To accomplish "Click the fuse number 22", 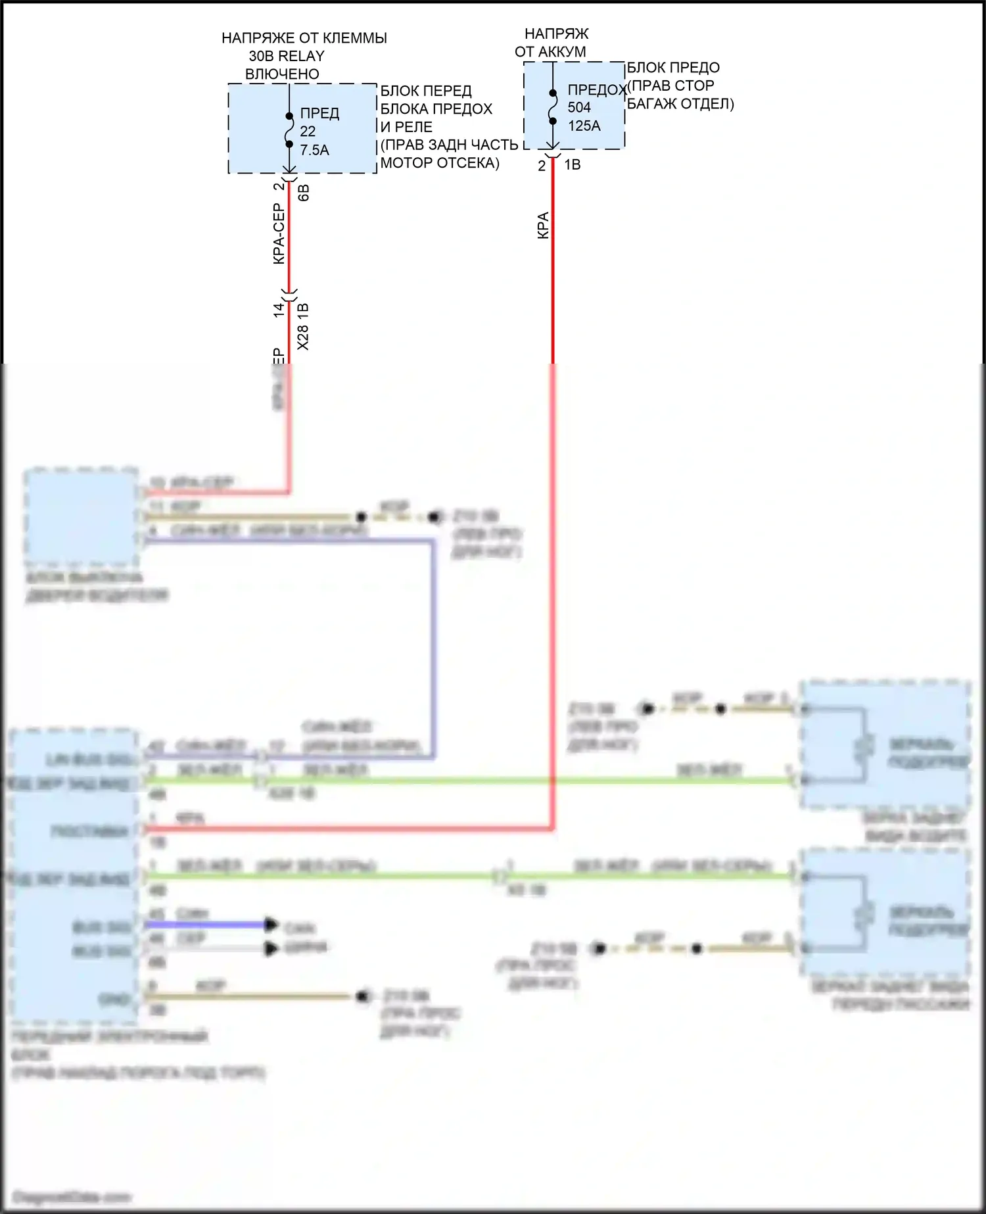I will (x=308, y=132).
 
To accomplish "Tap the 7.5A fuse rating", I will (x=314, y=151).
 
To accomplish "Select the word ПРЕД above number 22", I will (x=319, y=113).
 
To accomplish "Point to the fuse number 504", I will (x=579, y=107).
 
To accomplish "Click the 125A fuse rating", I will (x=584, y=126).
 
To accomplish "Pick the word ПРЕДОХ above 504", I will (x=596, y=89).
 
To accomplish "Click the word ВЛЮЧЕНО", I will (x=282, y=74).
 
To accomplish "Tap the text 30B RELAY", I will (x=287, y=56).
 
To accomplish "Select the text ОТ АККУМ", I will (x=550, y=51).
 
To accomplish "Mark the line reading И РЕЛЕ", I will (x=406, y=127).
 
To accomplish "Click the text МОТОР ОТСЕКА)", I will (x=440, y=163).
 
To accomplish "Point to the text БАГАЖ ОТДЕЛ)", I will (x=680, y=104).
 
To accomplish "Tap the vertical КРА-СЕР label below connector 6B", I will (x=279, y=234).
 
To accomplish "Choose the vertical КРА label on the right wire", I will (x=543, y=225).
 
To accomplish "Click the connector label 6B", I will (x=304, y=193).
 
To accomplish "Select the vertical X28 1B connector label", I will (x=303, y=326).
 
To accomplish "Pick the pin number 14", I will (x=279, y=309).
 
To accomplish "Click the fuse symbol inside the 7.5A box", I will (x=289, y=130).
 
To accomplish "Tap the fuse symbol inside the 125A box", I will (x=553, y=107).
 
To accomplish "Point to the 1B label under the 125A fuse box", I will (x=573, y=165).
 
